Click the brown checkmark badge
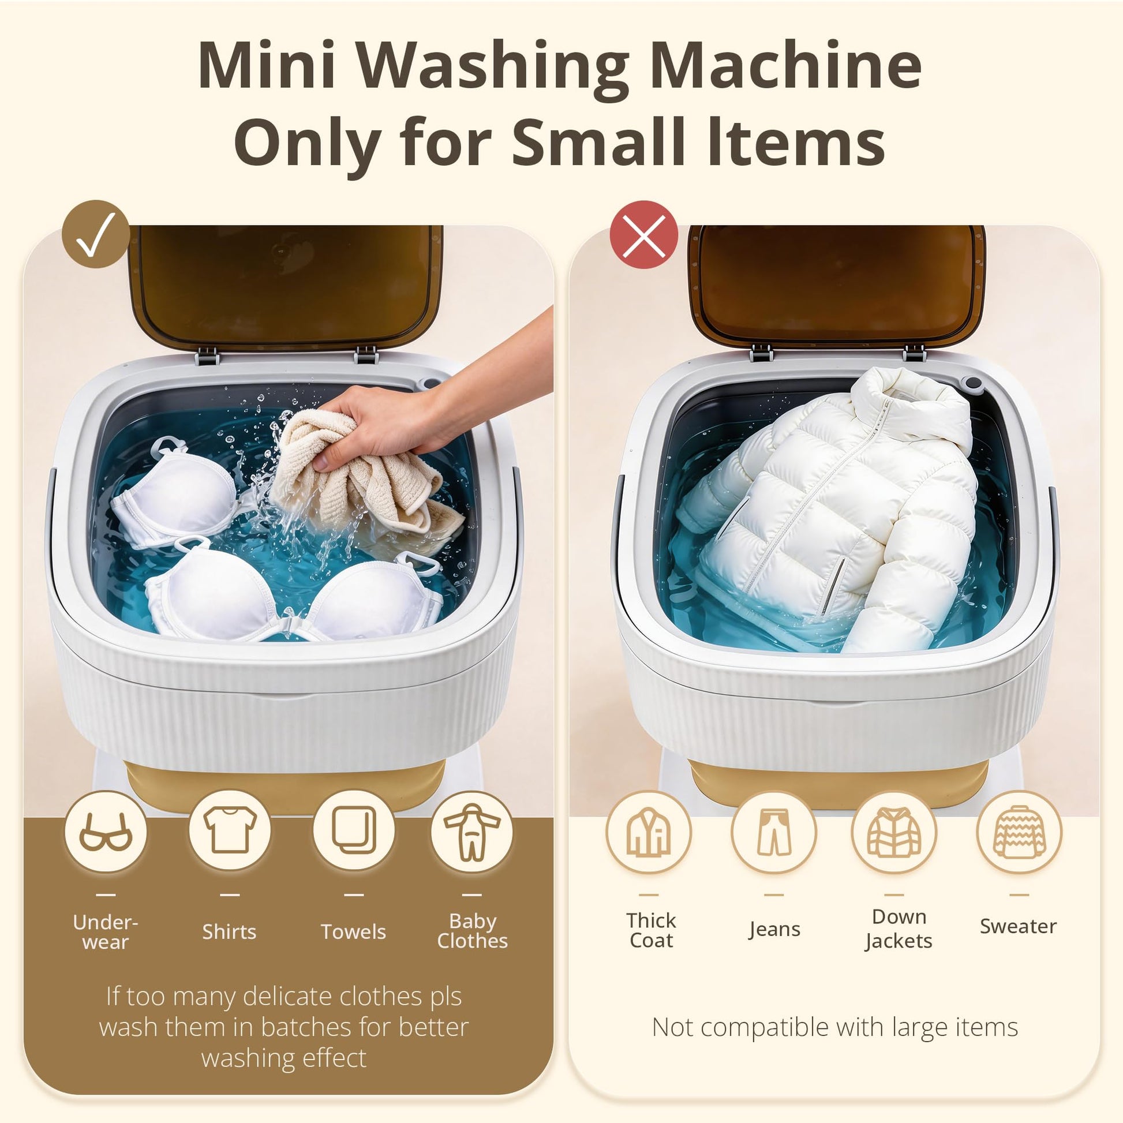coord(96,234)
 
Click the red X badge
coord(644,234)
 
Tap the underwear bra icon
coord(106,832)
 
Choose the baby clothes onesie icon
coord(472,832)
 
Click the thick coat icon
coord(649,832)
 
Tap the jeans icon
coord(774,832)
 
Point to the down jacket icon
coord(894,832)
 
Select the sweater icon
coord(1020,832)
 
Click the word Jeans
coord(774,929)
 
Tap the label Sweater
coord(1019,926)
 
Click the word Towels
coord(353,932)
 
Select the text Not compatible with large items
coord(834,1027)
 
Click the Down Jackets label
coord(899,929)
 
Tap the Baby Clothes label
coord(473,931)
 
